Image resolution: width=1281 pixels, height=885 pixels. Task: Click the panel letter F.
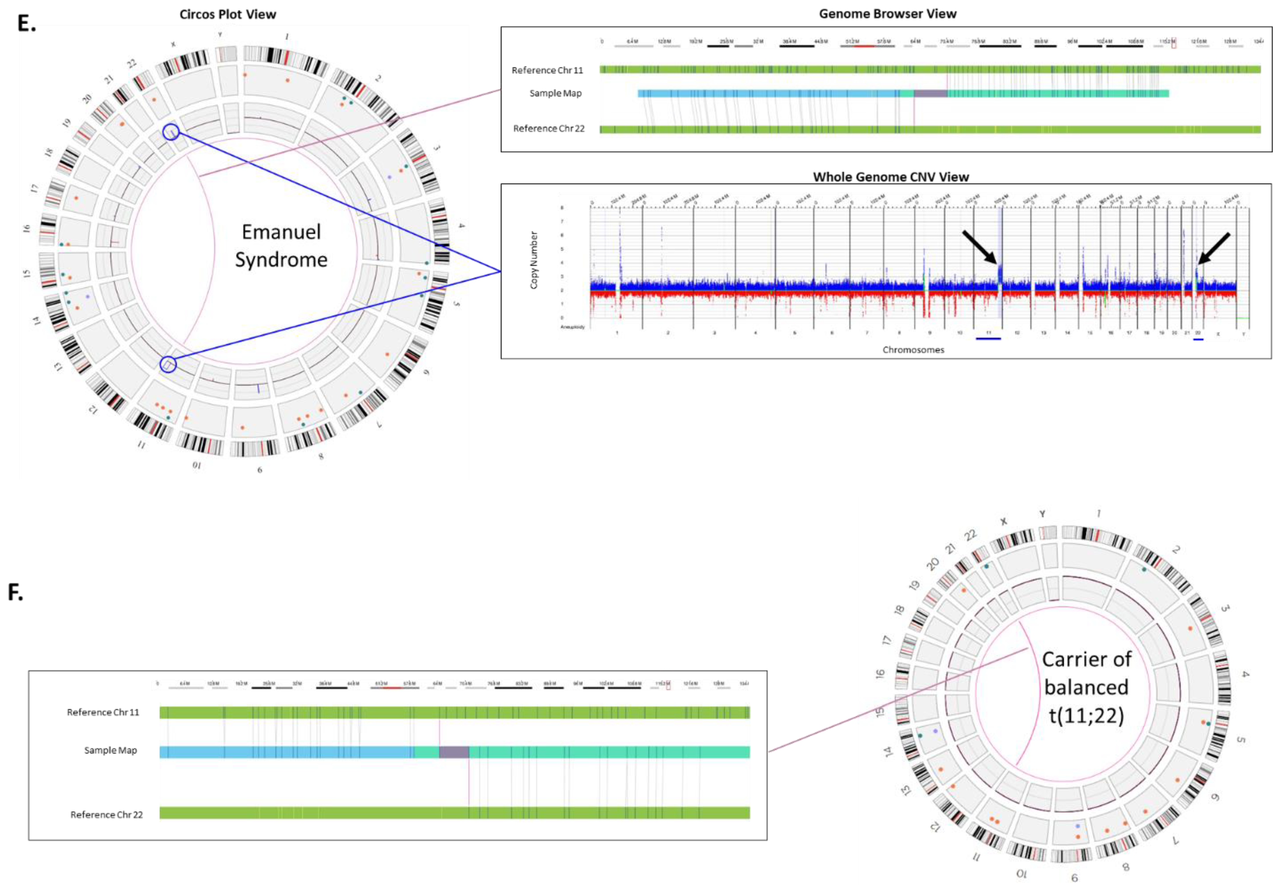click(x=15, y=593)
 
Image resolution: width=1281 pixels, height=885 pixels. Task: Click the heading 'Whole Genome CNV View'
click(x=890, y=177)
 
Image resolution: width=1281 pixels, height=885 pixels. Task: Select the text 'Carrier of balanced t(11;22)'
click(x=1086, y=687)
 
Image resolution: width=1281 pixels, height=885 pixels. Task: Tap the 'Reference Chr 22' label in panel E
click(x=548, y=129)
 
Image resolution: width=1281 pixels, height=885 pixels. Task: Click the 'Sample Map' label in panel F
click(x=110, y=750)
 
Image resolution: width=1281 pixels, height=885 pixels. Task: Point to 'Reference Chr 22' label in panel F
click(x=106, y=814)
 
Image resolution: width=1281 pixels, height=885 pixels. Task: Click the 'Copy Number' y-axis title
click(x=534, y=260)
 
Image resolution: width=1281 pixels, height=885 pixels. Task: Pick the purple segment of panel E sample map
click(x=930, y=93)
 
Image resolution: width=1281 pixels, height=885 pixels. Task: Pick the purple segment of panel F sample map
click(x=454, y=752)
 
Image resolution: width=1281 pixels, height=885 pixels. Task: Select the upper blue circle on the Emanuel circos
click(x=171, y=132)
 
